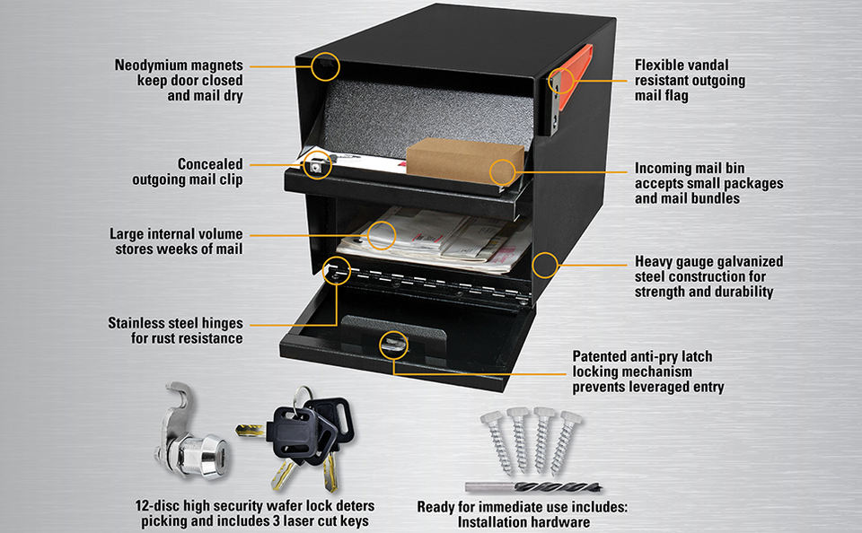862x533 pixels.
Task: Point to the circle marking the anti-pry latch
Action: (392, 345)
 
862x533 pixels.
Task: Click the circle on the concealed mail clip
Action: (317, 164)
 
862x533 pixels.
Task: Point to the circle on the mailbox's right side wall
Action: (544, 265)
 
